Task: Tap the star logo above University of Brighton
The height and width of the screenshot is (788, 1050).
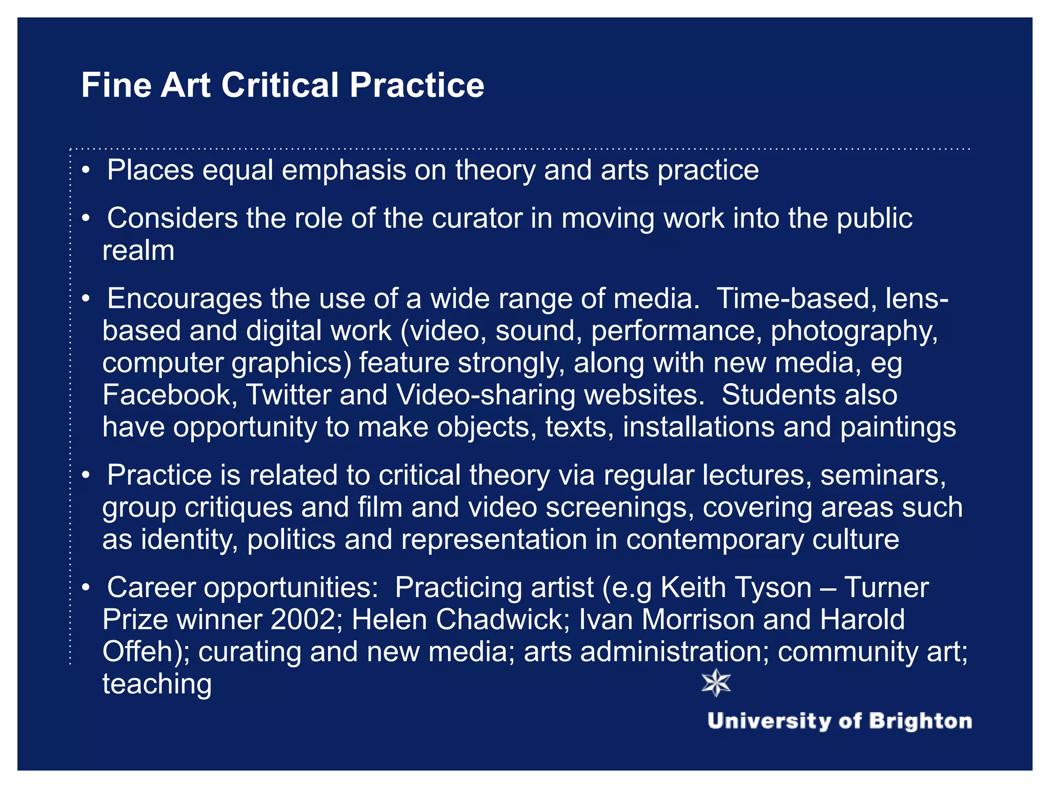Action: pos(716,683)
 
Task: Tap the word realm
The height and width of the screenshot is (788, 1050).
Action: pos(138,251)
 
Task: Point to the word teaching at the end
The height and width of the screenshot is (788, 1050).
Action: pos(157,684)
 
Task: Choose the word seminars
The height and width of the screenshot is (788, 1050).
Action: pos(882,475)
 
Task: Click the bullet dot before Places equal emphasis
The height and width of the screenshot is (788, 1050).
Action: pos(86,170)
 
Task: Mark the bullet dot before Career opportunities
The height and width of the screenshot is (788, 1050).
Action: pos(86,587)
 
